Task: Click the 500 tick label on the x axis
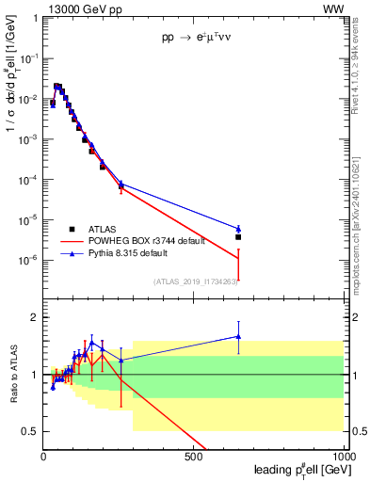[x=195, y=458]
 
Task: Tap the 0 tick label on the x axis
[x=44, y=458]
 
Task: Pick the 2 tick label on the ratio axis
[x=35, y=317]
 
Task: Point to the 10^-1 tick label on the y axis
[x=29, y=58]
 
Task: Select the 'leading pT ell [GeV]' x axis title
[x=298, y=471]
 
